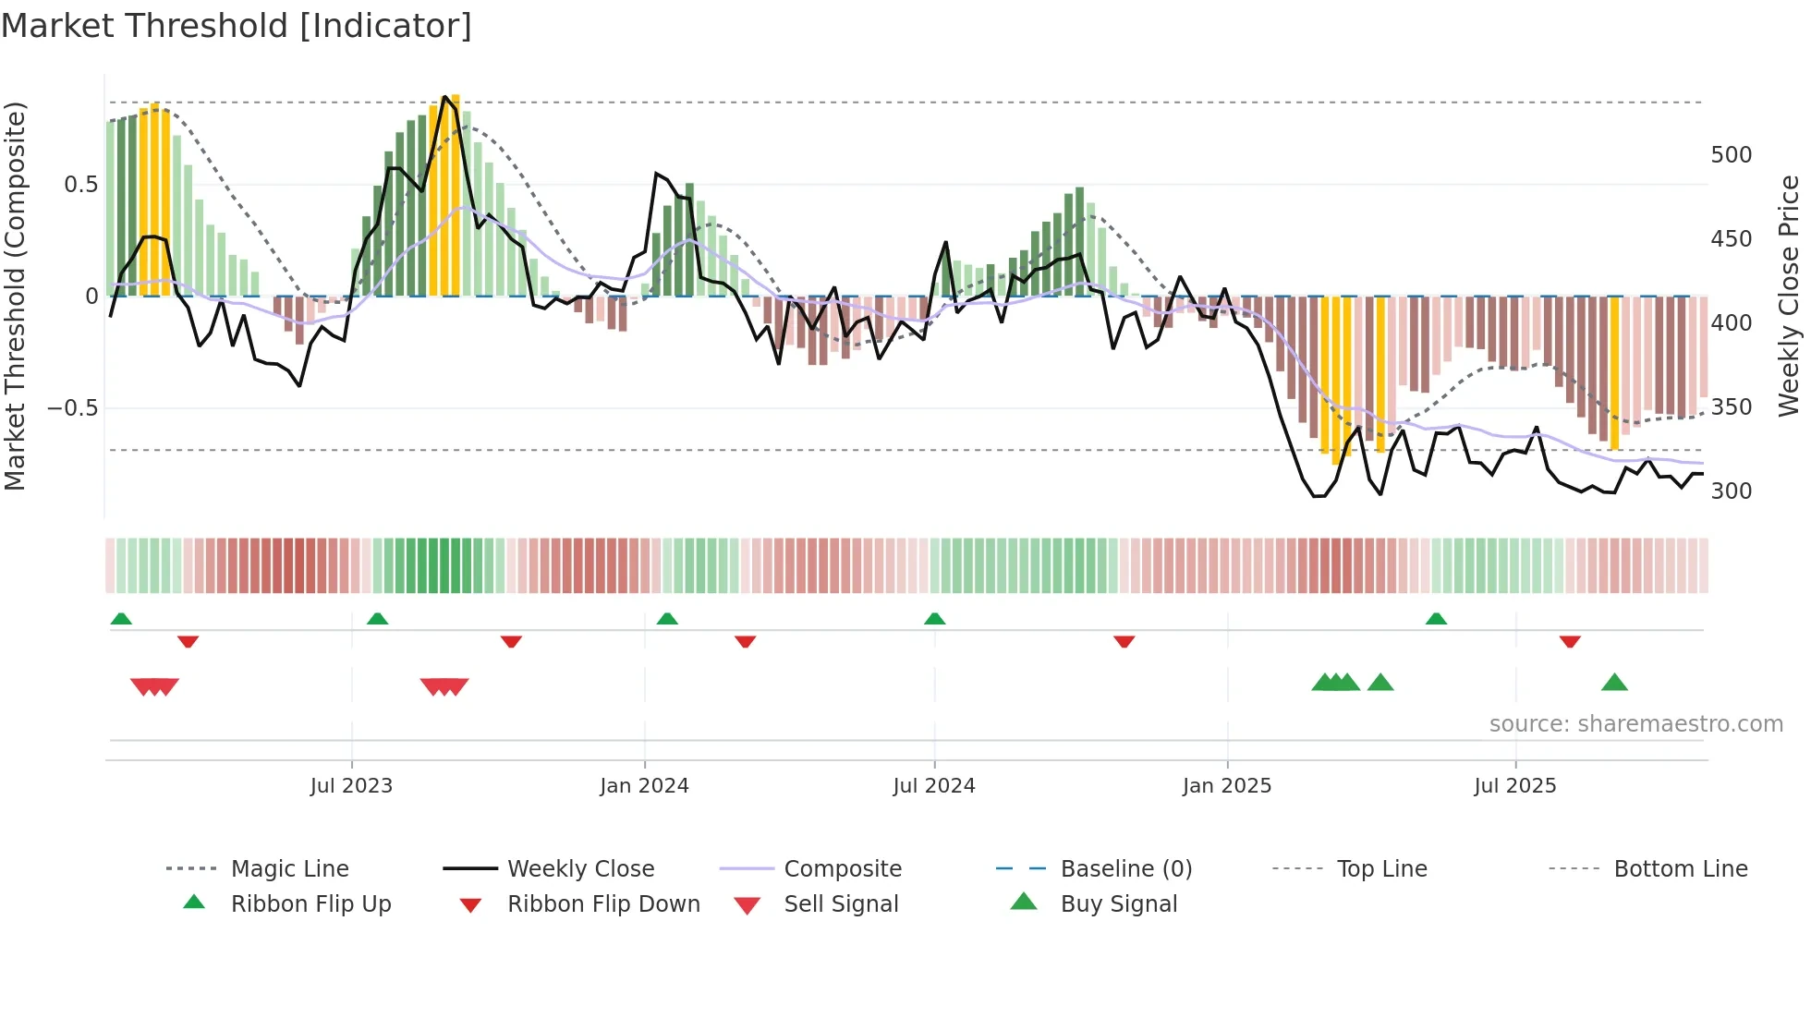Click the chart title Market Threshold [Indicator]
pos(237,26)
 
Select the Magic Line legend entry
pos(289,868)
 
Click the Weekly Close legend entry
pos(580,868)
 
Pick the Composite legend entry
pos(842,868)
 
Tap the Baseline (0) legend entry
pos(1125,868)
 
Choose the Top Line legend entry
pos(1381,868)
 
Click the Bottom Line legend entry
pos(1680,868)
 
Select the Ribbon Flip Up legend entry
pos(310,903)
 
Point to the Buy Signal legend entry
pos(1118,903)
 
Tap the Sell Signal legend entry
pos(841,903)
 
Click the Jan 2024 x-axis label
pos(644,785)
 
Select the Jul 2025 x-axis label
pos(1514,785)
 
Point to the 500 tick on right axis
pos(1731,154)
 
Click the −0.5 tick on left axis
pos(73,407)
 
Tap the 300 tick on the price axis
pos(1731,491)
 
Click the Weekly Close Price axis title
pos(1789,296)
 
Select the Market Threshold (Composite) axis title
pos(15,296)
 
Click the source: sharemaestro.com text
pos(1635,723)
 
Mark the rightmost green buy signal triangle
pos(1614,683)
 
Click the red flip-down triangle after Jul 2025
pos(1570,641)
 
